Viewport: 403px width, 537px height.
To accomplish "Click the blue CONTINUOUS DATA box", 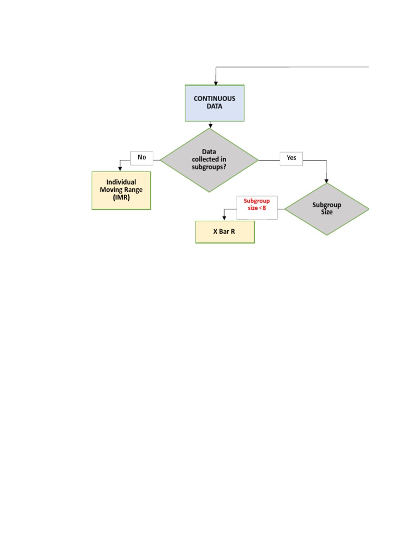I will pyautogui.click(x=215, y=103).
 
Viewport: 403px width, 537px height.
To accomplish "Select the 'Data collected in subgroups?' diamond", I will pyautogui.click(x=209, y=160).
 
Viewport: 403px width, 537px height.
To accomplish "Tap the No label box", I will pyautogui.click(x=142, y=157).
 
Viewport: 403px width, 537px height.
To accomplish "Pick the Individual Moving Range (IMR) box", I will pyautogui.click(x=121, y=190).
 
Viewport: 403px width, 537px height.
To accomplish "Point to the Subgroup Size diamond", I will pyautogui.click(x=327, y=209).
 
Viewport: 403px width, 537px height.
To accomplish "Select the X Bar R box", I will pyautogui.click(x=225, y=232).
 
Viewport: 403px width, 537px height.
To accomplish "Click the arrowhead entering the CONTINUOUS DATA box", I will pyautogui.click(x=216, y=82).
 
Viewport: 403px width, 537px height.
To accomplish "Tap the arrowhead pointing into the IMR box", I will pyautogui.click(x=120, y=168).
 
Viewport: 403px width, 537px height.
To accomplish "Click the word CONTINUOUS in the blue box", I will pyautogui.click(x=215, y=99).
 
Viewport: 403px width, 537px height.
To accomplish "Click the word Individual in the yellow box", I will pyautogui.click(x=121, y=182).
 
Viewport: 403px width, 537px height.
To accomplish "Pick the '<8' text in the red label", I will pyautogui.click(x=262, y=208).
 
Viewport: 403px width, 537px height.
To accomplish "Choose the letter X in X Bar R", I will pyautogui.click(x=215, y=232).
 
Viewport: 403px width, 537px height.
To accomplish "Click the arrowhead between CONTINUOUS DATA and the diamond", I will pyautogui.click(x=210, y=126).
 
